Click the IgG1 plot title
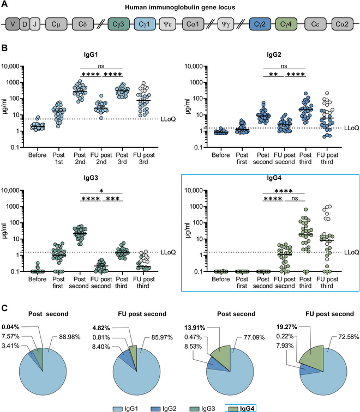89,55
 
